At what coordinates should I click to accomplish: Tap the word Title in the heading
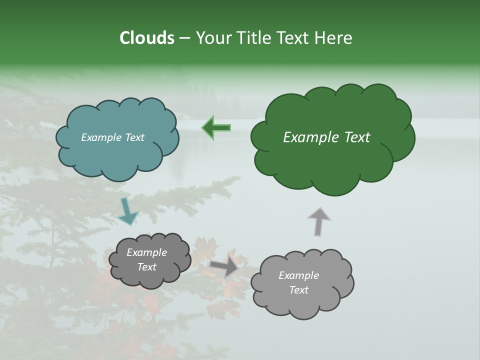(x=254, y=38)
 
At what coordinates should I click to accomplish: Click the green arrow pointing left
(x=216, y=127)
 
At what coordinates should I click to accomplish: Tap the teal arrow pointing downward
(x=128, y=211)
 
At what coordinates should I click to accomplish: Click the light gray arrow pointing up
(x=318, y=221)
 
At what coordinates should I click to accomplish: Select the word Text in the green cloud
(x=354, y=137)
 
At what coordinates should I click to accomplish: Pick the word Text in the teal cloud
(x=134, y=137)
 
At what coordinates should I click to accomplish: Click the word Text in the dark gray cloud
(x=147, y=267)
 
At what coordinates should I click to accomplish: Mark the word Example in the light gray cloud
(x=298, y=275)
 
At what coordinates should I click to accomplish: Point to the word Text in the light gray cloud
(x=298, y=290)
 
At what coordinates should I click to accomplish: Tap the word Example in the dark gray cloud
(x=147, y=252)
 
